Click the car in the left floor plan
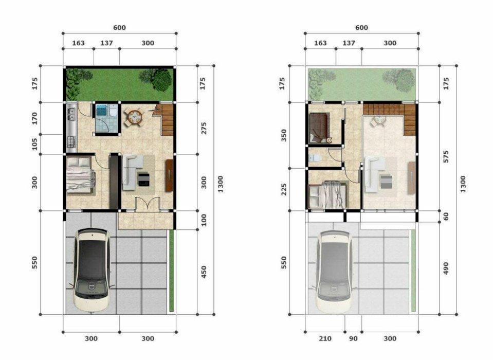point(92,270)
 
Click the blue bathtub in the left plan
point(101,111)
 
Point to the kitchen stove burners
point(71,141)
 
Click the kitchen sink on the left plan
point(71,114)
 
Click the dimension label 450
point(204,272)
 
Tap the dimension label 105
point(34,145)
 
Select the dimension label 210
point(325,338)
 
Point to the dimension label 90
point(353,338)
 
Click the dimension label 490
point(446,268)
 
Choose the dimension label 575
point(446,157)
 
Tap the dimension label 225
point(284,190)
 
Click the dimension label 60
point(446,217)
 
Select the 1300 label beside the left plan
point(220,184)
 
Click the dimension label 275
point(204,128)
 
